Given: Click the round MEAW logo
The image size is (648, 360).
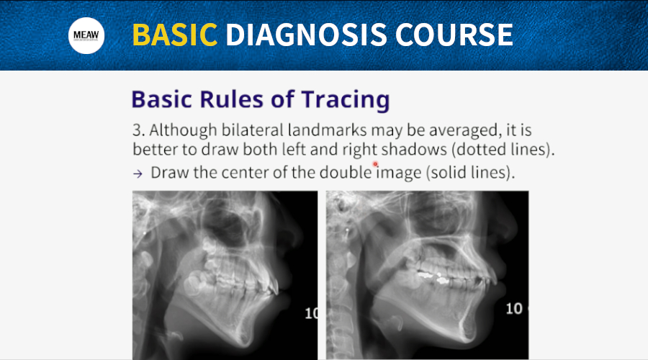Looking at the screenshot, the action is [86, 35].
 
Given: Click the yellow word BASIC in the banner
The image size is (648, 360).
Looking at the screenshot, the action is [175, 35].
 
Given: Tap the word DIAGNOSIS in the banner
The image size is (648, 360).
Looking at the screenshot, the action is [306, 35].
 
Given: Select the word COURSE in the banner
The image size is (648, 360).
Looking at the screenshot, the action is [454, 35].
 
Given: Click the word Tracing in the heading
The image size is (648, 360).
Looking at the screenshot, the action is [346, 100].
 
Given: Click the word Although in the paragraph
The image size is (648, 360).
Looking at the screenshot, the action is [183, 130].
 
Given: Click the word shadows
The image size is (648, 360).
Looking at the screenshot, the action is [414, 149].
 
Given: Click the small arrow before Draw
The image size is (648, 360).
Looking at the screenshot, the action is [138, 174].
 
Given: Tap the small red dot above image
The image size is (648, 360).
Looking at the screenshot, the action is [375, 164].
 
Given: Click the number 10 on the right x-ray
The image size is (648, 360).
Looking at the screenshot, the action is [514, 309].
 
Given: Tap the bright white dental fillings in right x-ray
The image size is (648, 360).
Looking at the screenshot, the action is [433, 277].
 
